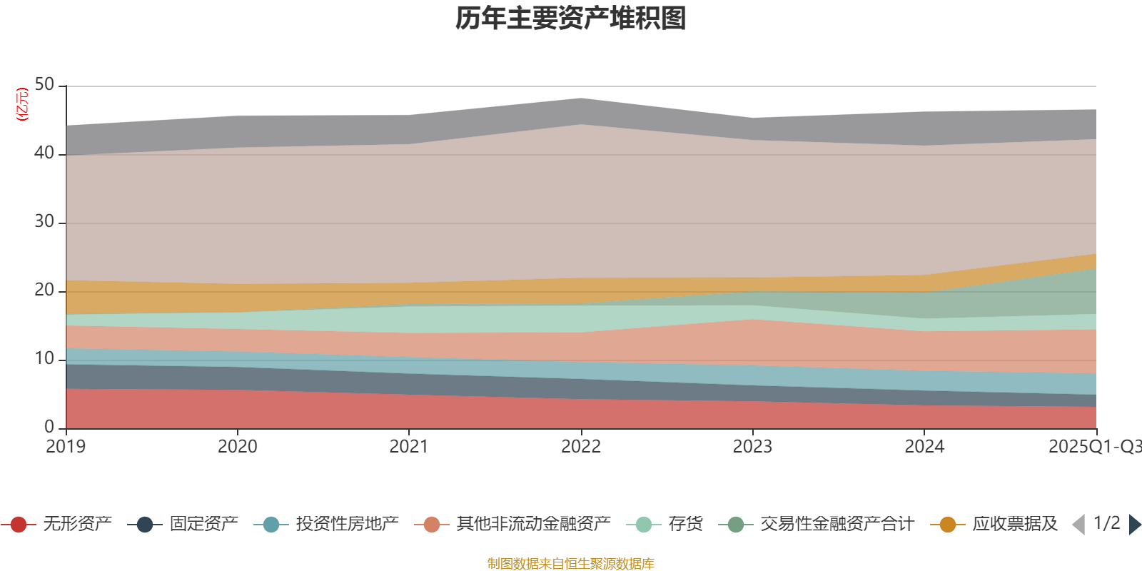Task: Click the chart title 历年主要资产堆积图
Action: click(571, 19)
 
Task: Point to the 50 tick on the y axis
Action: click(44, 85)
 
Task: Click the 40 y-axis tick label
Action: click(44, 153)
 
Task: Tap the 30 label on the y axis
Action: click(44, 222)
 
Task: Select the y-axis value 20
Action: click(44, 290)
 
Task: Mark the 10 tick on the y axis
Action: click(44, 359)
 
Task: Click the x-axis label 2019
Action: click(66, 447)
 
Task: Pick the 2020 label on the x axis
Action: click(237, 447)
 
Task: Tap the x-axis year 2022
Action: click(581, 447)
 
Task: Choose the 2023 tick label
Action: click(752, 447)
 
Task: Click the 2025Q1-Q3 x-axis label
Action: click(1093, 447)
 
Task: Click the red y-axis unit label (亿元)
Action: click(22, 104)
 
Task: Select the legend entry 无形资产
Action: click(76, 525)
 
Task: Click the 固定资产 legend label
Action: click(203, 525)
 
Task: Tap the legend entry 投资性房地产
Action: click(347, 525)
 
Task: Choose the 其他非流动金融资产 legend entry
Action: click(533, 525)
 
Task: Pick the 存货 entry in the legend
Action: click(685, 525)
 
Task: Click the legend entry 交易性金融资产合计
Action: click(836, 525)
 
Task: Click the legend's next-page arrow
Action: click(1134, 525)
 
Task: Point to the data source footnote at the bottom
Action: click(571, 564)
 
